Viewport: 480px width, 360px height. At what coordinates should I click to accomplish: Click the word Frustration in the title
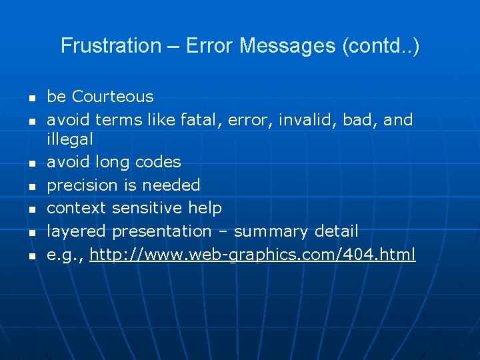point(111,46)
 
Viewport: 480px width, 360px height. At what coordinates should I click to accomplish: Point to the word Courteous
point(113,97)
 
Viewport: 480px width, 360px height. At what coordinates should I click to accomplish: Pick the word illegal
point(69,139)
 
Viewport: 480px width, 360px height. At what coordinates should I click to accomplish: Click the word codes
point(157,162)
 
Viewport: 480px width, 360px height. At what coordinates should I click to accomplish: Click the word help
point(205,208)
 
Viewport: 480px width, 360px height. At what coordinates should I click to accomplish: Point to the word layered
point(77,231)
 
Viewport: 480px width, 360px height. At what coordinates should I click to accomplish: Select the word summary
point(271,231)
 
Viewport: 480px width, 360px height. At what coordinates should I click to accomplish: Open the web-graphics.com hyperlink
point(253,255)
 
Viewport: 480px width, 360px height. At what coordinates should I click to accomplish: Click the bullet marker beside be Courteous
point(31,98)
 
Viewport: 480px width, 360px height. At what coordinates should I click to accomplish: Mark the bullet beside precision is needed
point(31,186)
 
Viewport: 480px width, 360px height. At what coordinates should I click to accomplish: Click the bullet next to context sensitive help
point(31,209)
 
